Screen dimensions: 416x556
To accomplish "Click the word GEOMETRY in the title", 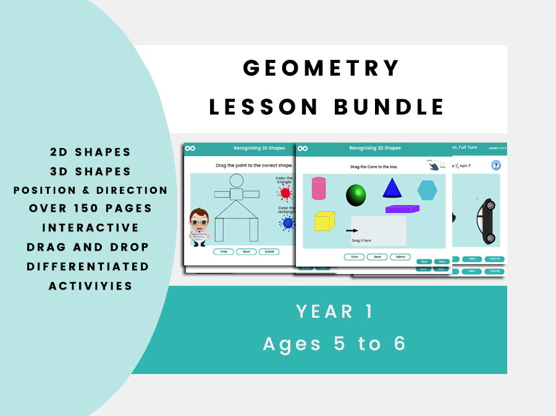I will pyautogui.click(x=321, y=68).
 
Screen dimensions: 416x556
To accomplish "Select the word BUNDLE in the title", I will pyautogui.click(x=389, y=106).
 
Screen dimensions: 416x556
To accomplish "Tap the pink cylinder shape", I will pyautogui.click(x=319, y=188).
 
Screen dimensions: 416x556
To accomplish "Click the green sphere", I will pyautogui.click(x=356, y=195).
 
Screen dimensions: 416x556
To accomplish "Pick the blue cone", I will pyautogui.click(x=392, y=188).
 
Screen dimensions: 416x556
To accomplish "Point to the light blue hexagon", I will pyautogui.click(x=427, y=190).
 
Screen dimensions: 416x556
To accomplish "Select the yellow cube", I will pyautogui.click(x=324, y=221).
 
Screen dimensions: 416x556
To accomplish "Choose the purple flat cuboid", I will pyautogui.click(x=402, y=209).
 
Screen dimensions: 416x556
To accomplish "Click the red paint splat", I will pyautogui.click(x=285, y=194).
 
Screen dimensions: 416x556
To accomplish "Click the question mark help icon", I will pyautogui.click(x=495, y=165).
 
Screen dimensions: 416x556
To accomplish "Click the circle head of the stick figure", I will pyautogui.click(x=236, y=181).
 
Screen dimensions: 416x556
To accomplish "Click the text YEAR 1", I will pyautogui.click(x=334, y=312).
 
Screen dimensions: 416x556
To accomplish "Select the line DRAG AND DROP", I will pyautogui.click(x=88, y=247).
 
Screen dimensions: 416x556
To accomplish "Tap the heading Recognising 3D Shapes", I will pyautogui.click(x=375, y=148).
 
